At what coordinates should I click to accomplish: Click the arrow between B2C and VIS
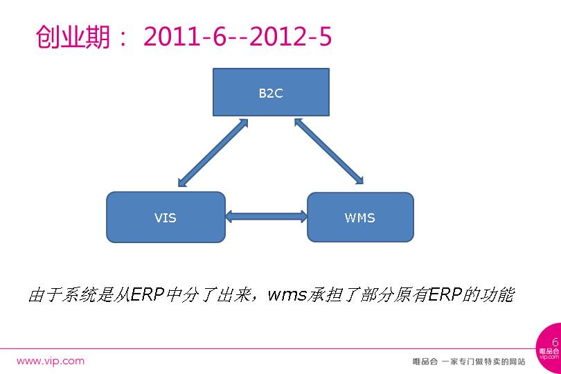[213, 153]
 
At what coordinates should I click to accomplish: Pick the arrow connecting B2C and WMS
[329, 152]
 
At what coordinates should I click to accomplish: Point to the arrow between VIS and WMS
[266, 217]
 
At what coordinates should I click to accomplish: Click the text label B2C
[270, 93]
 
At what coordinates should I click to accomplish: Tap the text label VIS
[166, 217]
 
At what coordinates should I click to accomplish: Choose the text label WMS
[360, 217]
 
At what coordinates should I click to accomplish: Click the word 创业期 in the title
[73, 37]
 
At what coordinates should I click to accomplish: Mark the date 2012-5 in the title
[290, 37]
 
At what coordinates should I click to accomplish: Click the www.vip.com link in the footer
[50, 361]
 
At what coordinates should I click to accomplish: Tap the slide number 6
[555, 342]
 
